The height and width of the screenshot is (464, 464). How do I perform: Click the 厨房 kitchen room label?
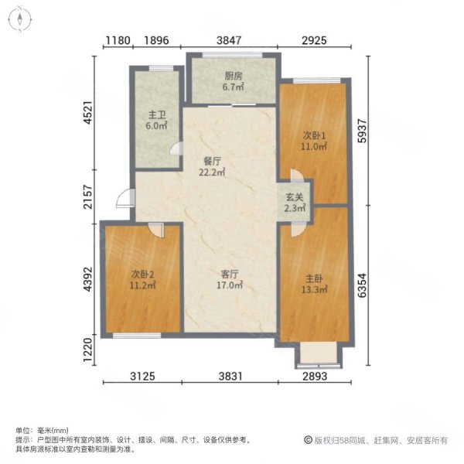point(234,77)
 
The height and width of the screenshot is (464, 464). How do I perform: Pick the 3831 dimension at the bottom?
point(230,377)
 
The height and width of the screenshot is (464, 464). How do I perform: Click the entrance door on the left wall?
point(124,199)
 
